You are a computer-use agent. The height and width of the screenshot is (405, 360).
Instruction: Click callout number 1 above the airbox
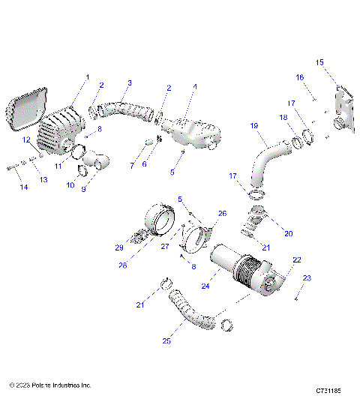[87, 77]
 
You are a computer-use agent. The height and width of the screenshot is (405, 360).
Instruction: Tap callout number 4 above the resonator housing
[195, 87]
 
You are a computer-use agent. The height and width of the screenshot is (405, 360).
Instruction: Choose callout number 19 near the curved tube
[254, 126]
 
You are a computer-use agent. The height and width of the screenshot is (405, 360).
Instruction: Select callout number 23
[306, 278]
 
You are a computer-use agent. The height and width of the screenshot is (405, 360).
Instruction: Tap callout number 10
[71, 184]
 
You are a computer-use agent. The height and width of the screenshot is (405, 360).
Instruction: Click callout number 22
[297, 259]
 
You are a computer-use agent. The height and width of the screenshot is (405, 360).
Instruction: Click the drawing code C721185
[328, 391]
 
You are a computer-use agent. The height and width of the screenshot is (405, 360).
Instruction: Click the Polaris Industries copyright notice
[50, 385]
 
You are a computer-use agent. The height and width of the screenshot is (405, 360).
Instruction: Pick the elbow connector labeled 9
[98, 160]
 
